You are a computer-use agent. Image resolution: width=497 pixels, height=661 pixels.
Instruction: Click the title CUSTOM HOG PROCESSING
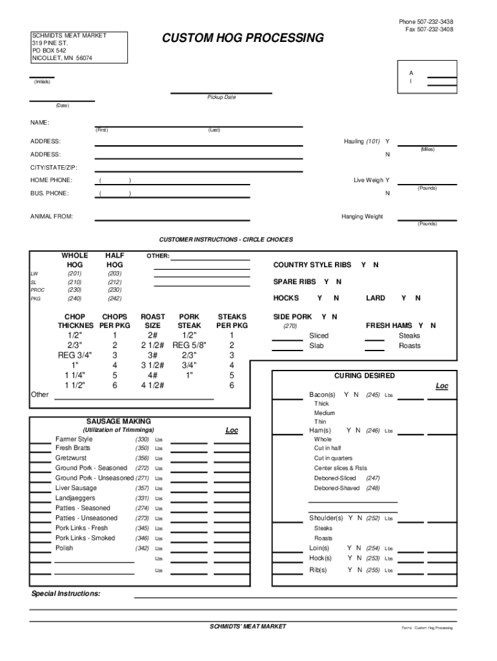pos(243,39)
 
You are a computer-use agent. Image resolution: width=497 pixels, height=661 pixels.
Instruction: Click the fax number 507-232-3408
pos(434,30)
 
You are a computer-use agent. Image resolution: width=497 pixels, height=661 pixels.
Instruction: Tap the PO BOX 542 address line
pos(49,50)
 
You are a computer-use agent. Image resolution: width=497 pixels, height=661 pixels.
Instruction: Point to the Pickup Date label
pos(221,97)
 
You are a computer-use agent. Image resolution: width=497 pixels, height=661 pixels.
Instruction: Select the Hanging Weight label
pos(362,217)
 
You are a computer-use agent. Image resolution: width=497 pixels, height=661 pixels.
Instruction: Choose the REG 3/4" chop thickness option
pos(75,356)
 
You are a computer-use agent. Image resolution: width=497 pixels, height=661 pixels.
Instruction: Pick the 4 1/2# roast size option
pos(152,385)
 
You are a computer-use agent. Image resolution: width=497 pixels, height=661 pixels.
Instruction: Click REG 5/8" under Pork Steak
pos(189,345)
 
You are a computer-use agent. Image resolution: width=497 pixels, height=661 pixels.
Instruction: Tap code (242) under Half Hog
pos(115,299)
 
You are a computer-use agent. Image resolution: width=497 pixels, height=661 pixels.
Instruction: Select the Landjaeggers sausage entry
pos(75,498)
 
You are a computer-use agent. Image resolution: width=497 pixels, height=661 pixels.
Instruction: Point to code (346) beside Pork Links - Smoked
pos(143,538)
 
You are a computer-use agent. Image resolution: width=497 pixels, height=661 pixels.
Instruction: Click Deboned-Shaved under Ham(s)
pos(337,489)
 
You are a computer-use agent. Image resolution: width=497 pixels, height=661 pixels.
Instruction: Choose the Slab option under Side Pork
pos(317,346)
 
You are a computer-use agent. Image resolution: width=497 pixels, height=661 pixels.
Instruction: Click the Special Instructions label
pos(66,593)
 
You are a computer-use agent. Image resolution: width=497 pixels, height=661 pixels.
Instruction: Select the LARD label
pos(376,298)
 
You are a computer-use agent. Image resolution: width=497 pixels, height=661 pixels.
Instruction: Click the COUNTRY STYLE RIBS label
pos(312,265)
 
